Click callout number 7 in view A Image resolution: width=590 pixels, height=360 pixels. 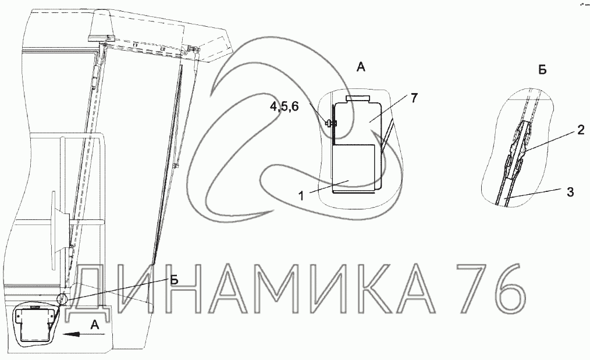[x=414, y=98]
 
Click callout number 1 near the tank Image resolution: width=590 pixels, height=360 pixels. [x=301, y=196]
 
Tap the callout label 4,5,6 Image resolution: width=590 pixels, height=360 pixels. [x=284, y=107]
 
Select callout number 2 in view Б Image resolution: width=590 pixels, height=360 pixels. [x=581, y=130]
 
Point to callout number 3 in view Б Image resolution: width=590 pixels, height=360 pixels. [x=570, y=192]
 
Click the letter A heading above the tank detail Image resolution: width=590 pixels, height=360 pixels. [x=361, y=67]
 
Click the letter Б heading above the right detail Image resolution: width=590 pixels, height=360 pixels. [x=542, y=70]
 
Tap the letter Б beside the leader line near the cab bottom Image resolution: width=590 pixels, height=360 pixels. [x=174, y=279]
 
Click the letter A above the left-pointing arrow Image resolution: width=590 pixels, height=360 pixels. [x=95, y=325]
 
